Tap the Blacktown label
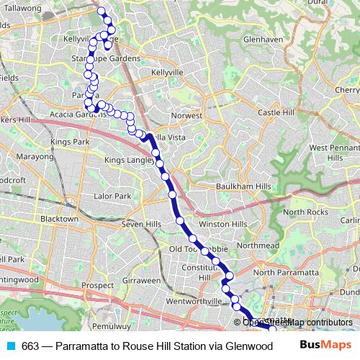click(59, 218)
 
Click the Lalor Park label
click(112, 196)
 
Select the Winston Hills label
click(218, 224)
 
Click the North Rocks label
click(306, 212)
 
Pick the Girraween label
click(141, 279)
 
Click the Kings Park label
click(70, 142)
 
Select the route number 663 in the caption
click(30, 346)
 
